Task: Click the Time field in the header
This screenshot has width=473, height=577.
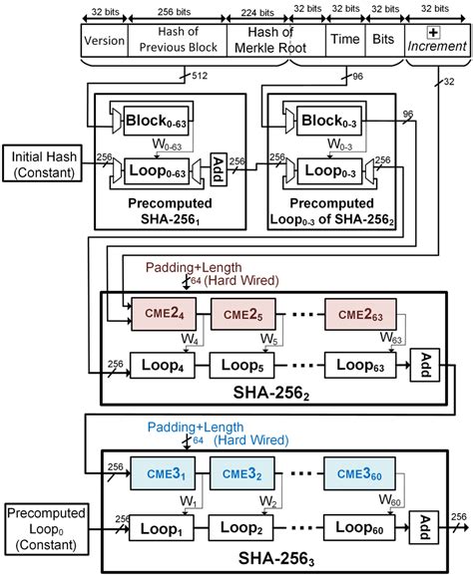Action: click(341, 43)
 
